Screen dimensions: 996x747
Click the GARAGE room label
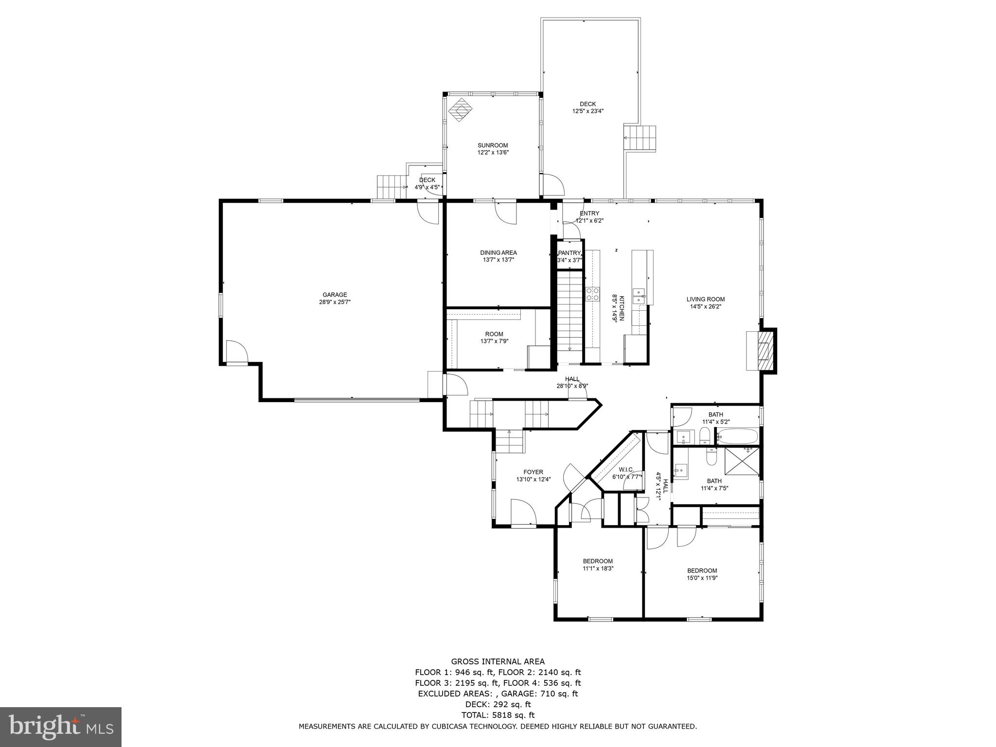tap(335, 295)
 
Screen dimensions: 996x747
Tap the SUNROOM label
tap(493, 145)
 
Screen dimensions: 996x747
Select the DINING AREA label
tap(498, 253)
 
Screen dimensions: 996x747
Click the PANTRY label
tap(569, 253)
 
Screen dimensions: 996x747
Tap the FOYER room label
tap(534, 472)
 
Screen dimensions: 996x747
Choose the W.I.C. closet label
tap(626, 469)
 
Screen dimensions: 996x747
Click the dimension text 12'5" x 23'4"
tap(588, 111)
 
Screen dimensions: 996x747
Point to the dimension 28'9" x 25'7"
tap(335, 302)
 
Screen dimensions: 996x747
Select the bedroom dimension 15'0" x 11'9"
tap(702, 578)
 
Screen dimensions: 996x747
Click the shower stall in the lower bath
tap(742, 460)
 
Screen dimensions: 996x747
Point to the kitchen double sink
tap(639, 296)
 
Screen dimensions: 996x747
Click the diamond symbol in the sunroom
tap(460, 110)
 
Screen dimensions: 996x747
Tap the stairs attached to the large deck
tap(640, 138)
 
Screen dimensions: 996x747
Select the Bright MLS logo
tap(61, 727)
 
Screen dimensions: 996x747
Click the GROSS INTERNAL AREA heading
tap(498, 661)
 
